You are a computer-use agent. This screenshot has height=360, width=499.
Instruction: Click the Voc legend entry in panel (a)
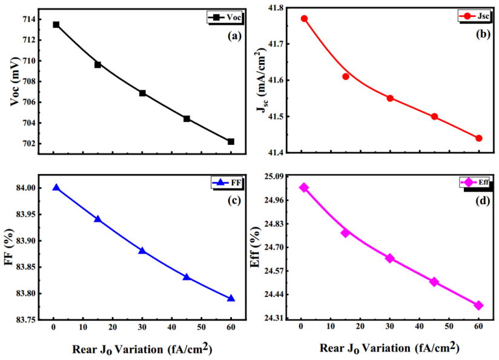pyautogui.click(x=225, y=18)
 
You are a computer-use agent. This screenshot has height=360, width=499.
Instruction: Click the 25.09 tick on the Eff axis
pyautogui.click(x=283, y=176)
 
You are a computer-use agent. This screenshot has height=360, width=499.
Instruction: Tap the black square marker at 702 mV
pyautogui.click(x=231, y=142)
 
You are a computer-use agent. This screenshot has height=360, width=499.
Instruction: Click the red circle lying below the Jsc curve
pyautogui.click(x=346, y=76)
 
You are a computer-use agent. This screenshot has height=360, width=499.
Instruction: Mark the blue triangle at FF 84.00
pyautogui.click(x=56, y=188)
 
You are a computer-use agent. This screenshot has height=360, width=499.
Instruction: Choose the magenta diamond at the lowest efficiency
pyautogui.click(x=478, y=305)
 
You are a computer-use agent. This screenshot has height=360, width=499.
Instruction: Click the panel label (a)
pyautogui.click(x=234, y=36)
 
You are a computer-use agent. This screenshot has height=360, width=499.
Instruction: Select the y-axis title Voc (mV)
pyautogui.click(x=15, y=84)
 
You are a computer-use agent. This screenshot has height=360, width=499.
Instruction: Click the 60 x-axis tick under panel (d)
pyautogui.click(x=478, y=327)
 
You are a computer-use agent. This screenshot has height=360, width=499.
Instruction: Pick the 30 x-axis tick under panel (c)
pyautogui.click(x=142, y=327)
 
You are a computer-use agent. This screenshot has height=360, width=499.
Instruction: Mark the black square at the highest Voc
pyautogui.click(x=56, y=25)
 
